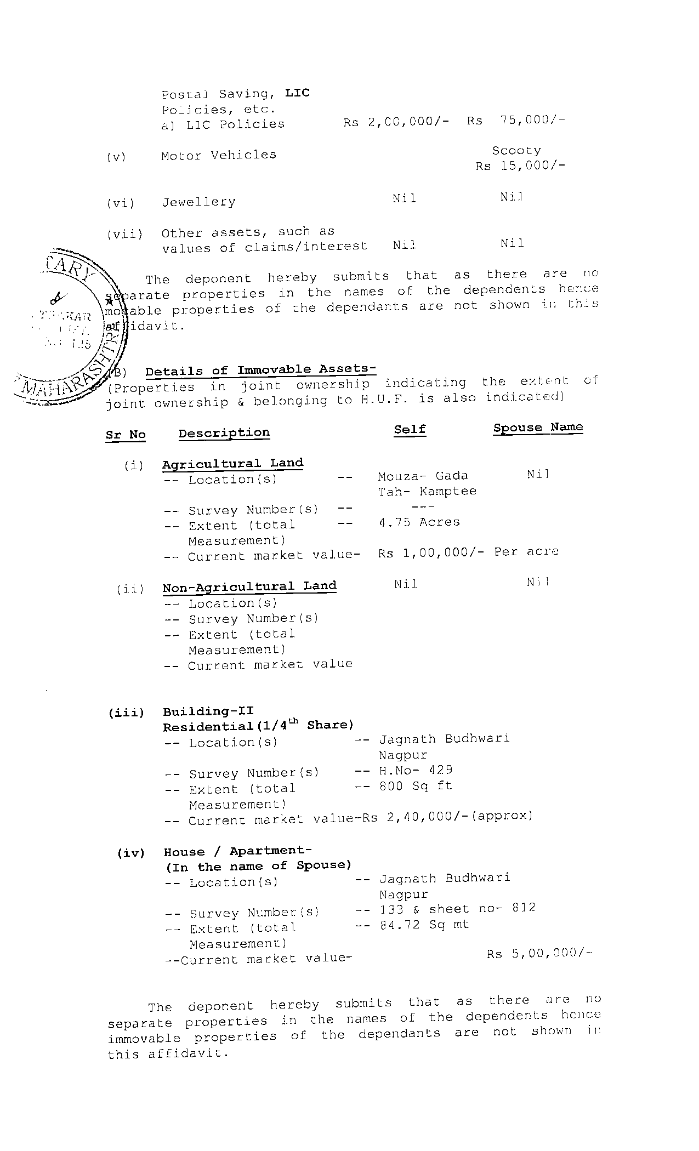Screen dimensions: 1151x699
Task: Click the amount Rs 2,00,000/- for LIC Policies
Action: coord(396,122)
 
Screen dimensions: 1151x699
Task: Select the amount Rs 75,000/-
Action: coord(515,121)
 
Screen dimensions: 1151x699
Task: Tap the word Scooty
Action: coord(516,150)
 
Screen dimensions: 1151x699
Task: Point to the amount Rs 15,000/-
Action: coord(520,166)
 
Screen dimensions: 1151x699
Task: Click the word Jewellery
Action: coord(198,202)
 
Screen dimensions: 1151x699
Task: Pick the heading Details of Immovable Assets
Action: coord(260,371)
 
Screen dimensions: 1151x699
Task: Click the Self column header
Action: coord(410,430)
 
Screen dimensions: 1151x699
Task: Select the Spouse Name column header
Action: coord(537,428)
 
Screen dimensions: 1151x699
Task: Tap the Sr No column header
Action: coord(126,435)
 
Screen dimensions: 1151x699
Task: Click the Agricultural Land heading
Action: coord(232,464)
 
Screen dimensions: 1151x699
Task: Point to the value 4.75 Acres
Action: coord(419,522)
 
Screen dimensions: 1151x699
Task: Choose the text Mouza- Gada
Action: coord(423,476)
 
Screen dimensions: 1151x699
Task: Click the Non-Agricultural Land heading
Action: coord(249,587)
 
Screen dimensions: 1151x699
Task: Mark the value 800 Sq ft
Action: coord(416,786)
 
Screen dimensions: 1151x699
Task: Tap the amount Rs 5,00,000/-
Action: coord(539,954)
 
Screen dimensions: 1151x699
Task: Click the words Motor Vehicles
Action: coord(218,155)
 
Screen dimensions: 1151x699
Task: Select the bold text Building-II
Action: coord(208,711)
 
